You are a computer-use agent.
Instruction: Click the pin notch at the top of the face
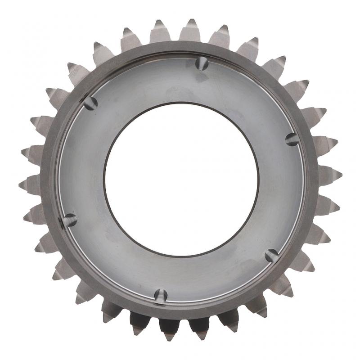(202, 63)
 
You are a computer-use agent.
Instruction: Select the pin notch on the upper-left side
(90, 103)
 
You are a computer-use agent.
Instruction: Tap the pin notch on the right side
(292, 139)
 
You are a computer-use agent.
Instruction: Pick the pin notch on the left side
(69, 220)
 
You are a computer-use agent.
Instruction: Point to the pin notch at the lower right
(271, 256)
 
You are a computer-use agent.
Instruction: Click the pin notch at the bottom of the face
(161, 296)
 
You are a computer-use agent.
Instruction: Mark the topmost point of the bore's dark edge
(181, 102)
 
